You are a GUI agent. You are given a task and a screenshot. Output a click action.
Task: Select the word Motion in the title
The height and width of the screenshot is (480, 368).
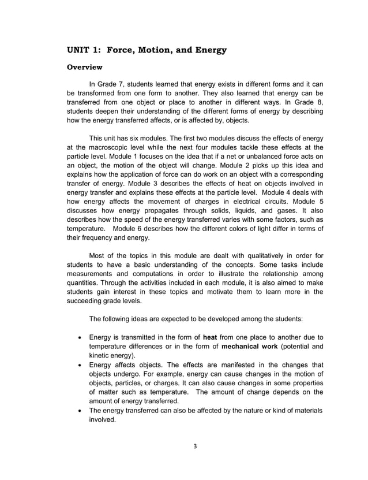point(159,50)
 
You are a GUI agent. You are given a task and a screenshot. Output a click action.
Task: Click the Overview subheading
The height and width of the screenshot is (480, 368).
point(85,67)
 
